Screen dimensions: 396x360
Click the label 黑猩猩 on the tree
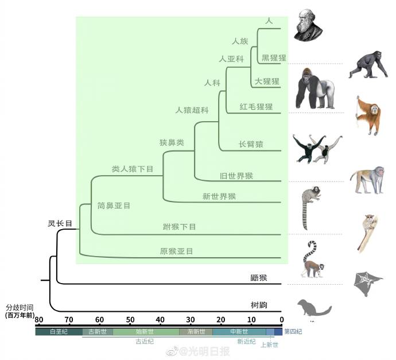click(274, 58)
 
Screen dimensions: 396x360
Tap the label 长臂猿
click(251, 144)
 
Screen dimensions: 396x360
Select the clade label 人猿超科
click(192, 110)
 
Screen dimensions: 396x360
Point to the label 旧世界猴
click(236, 176)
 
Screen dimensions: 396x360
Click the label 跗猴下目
click(179, 227)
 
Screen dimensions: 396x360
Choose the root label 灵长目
click(60, 223)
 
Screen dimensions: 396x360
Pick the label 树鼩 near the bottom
click(259, 305)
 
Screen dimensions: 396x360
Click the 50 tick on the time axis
click(130, 320)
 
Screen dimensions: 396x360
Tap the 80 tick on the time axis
click(38, 320)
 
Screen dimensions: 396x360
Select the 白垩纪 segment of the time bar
click(59, 332)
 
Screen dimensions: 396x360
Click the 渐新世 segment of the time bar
click(196, 332)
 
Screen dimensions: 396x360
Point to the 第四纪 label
click(293, 331)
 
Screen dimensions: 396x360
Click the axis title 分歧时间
click(20, 307)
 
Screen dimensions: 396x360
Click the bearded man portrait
click(308, 25)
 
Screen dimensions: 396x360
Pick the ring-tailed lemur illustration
click(312, 259)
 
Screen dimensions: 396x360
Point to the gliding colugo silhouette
click(368, 284)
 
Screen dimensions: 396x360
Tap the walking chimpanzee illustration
click(368, 64)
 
